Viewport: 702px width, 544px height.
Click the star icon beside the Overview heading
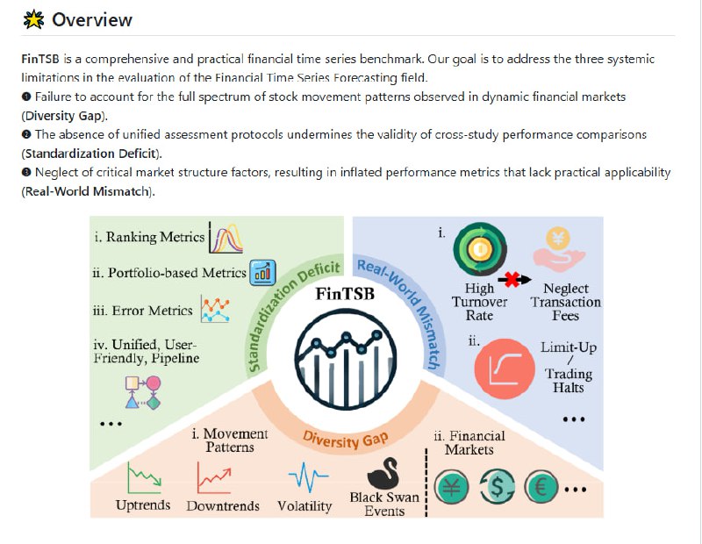33,19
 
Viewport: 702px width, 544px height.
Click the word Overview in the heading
92,19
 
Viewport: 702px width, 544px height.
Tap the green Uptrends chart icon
141,478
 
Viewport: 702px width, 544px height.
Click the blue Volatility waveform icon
308,478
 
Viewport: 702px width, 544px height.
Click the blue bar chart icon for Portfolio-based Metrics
262,273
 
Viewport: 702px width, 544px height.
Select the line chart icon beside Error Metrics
215,310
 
